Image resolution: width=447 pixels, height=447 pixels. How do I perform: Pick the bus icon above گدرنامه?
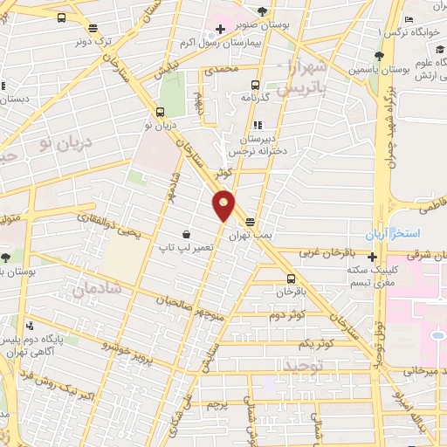coord(255,85)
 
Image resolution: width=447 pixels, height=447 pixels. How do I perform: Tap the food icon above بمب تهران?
coord(251,222)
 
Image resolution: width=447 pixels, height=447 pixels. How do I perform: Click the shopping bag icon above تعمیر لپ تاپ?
coord(187,234)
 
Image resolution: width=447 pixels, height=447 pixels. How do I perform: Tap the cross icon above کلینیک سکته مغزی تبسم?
coord(373,257)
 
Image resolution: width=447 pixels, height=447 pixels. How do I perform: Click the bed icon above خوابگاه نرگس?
coord(409,21)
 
